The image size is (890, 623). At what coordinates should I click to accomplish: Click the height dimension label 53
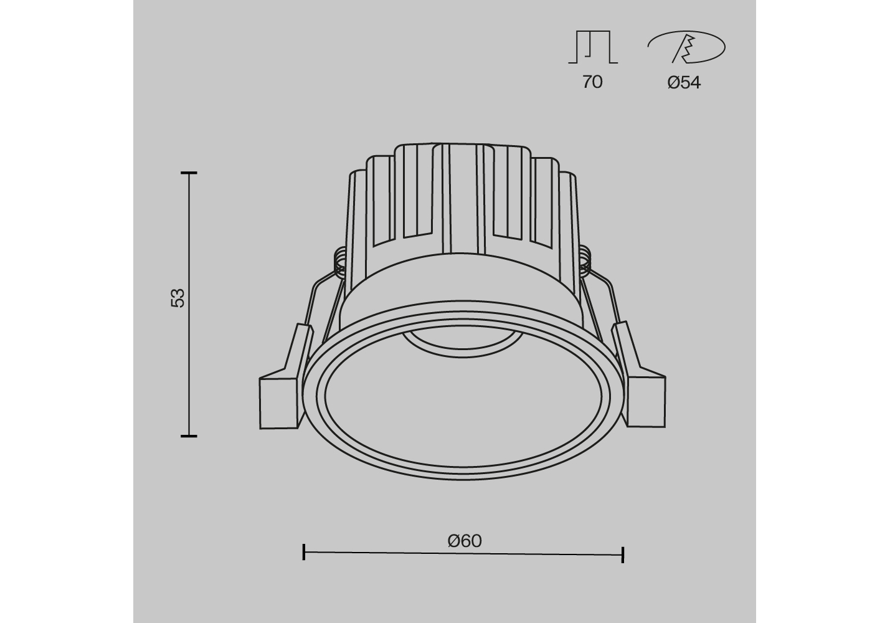(x=178, y=298)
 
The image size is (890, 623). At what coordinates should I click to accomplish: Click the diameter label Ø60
(x=465, y=541)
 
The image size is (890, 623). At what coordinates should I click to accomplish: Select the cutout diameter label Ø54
(x=684, y=82)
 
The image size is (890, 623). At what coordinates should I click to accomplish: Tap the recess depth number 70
(x=592, y=82)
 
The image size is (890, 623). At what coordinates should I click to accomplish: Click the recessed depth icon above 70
(x=593, y=47)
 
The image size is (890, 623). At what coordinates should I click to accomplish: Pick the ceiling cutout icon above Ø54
(x=686, y=47)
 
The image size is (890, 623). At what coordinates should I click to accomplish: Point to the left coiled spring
(x=340, y=263)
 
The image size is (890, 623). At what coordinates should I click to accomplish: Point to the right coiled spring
(x=585, y=261)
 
